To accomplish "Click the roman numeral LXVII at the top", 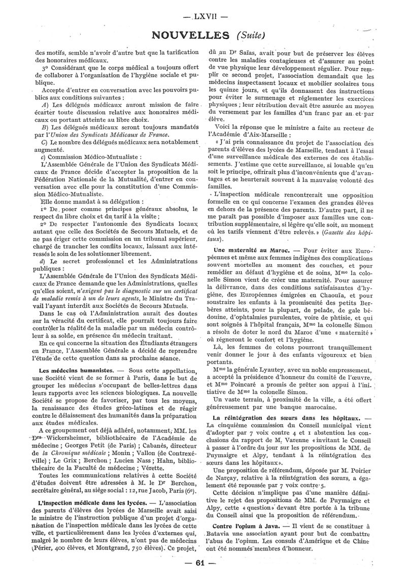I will [202, 15].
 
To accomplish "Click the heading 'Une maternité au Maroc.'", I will [246, 250].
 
